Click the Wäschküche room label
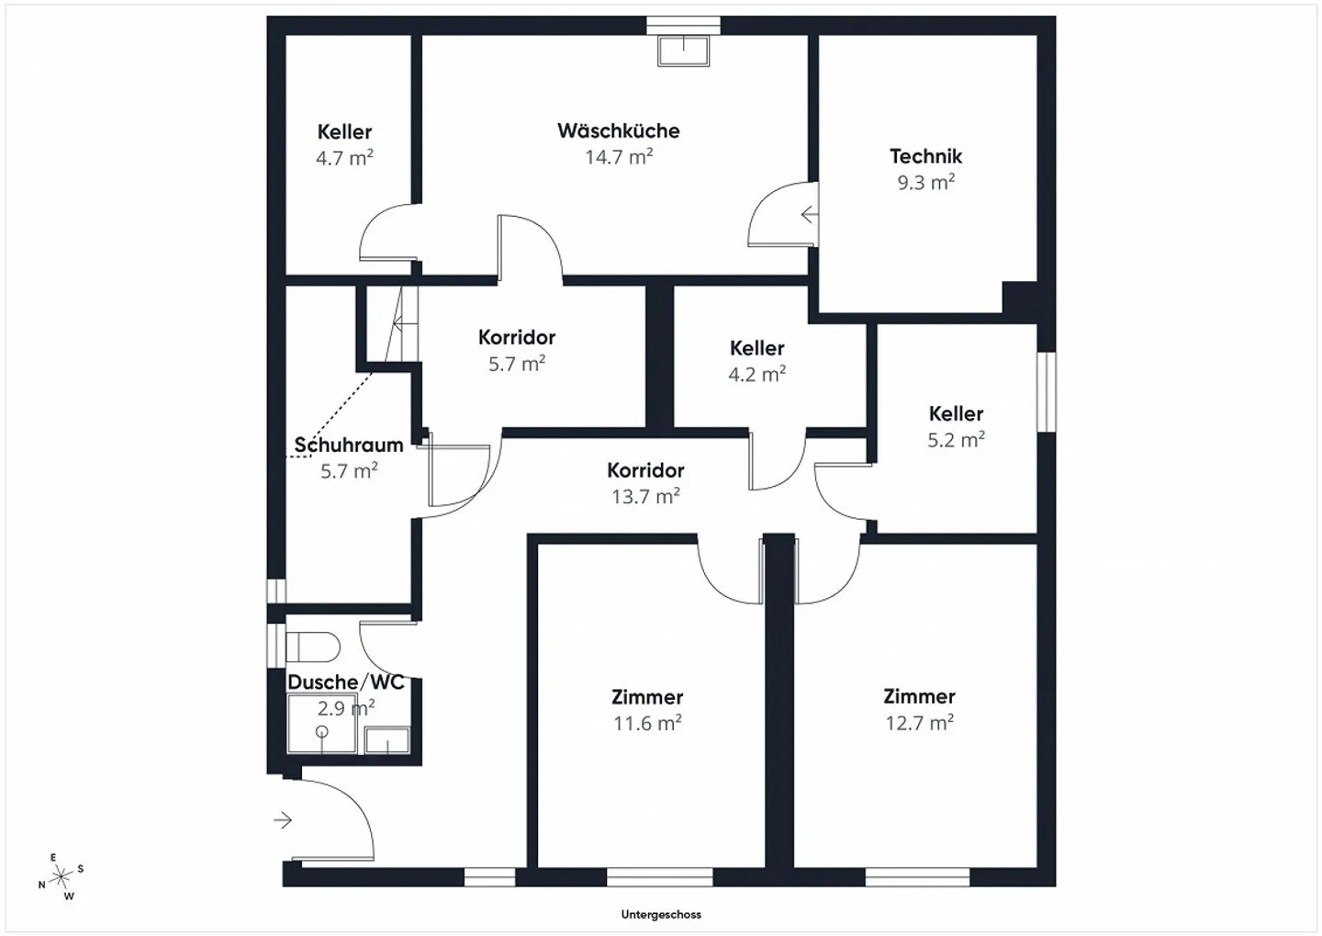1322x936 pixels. (619, 130)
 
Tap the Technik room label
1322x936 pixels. (926, 156)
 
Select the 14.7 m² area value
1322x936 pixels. (619, 156)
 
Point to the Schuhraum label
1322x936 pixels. (349, 445)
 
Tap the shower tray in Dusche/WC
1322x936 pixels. (321, 724)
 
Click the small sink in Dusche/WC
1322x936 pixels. (387, 740)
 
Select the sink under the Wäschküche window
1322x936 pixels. (683, 51)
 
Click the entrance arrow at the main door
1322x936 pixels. (283, 820)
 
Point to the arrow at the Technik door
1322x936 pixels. (809, 214)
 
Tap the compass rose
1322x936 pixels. (61, 877)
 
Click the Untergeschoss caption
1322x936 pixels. (661, 915)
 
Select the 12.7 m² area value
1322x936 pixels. (920, 723)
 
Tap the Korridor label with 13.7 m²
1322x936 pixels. (645, 470)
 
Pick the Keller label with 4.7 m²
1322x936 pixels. (344, 131)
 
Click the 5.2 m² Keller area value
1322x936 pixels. (956, 440)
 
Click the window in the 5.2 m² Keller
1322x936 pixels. (1047, 392)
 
